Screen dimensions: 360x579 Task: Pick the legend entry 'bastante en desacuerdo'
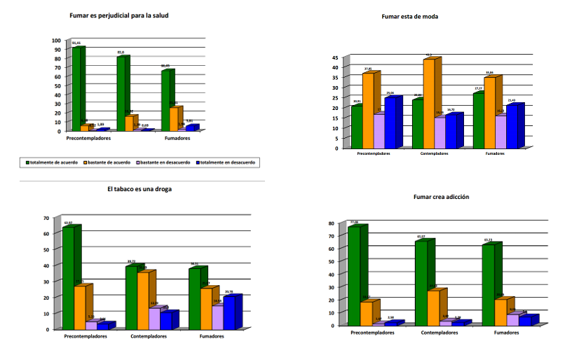(168, 162)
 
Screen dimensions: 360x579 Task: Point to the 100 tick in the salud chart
(56, 41)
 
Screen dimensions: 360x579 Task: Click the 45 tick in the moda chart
(335, 57)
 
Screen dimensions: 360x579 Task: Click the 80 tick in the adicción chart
(335, 223)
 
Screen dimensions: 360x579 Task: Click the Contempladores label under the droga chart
(149, 336)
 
